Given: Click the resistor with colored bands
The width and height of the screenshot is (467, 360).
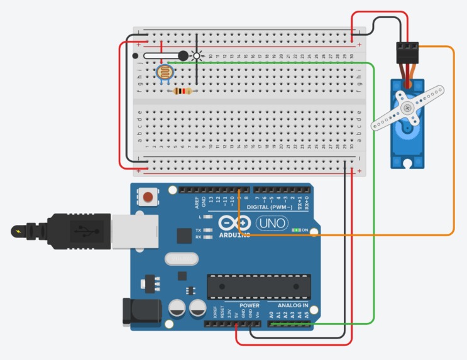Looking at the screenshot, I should point(182,91).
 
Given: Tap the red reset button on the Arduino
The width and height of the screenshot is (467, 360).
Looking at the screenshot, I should point(148,197).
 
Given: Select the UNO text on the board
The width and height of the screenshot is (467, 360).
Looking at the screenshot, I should point(272,223).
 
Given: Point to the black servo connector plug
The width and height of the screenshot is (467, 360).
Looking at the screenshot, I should point(408,51).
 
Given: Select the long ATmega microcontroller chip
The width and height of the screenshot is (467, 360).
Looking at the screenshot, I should point(259,286).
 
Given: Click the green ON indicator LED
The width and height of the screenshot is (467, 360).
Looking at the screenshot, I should point(296,230).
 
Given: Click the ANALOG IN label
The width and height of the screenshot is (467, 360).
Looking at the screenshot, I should point(293,305).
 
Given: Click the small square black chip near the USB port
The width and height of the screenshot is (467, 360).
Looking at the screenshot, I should point(184,236).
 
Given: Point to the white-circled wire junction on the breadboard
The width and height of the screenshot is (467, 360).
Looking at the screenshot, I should point(197,56).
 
